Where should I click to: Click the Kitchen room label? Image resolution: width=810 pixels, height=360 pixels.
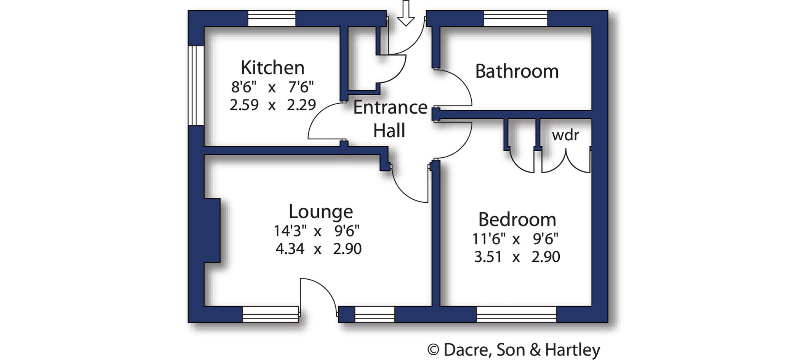tap(272, 68)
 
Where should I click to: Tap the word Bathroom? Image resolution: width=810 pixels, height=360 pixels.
tap(517, 71)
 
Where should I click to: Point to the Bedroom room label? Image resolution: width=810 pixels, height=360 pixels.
tap(517, 219)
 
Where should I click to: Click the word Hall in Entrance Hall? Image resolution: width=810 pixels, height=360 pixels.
tap(389, 131)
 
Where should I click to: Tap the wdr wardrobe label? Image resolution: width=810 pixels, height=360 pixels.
tap(565, 135)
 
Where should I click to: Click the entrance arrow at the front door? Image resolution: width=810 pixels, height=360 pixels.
tap(406, 13)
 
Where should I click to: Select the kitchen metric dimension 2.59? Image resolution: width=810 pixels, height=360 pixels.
tap(244, 105)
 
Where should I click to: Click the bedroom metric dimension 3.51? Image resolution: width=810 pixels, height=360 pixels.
tap(488, 257)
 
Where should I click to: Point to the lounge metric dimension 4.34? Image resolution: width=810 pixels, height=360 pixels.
tap(290, 249)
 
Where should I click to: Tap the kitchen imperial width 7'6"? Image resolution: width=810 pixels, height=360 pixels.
tap(301, 87)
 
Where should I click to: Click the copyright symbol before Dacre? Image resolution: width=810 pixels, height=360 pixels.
tap(433, 350)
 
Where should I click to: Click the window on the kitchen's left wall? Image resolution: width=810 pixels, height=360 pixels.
tap(196, 86)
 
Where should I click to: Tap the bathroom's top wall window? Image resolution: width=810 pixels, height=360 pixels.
tap(515, 19)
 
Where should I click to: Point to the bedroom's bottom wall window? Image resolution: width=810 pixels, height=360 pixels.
tap(516, 314)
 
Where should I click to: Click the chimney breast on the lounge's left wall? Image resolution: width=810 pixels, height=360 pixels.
tap(212, 230)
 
